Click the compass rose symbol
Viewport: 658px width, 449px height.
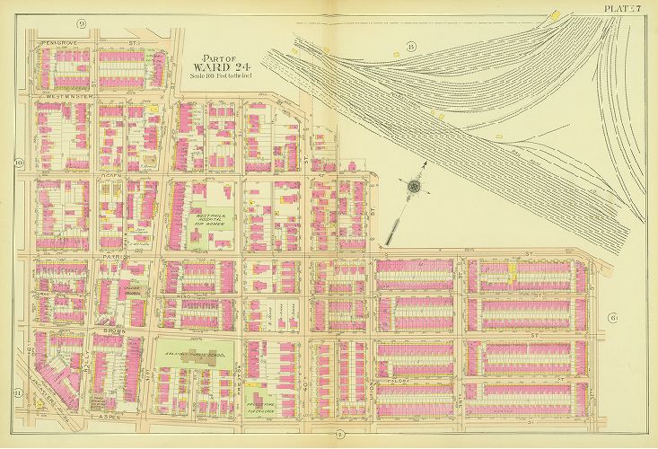point(414,187)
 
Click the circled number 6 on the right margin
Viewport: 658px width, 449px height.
point(612,318)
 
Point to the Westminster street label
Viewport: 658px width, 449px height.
point(55,95)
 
